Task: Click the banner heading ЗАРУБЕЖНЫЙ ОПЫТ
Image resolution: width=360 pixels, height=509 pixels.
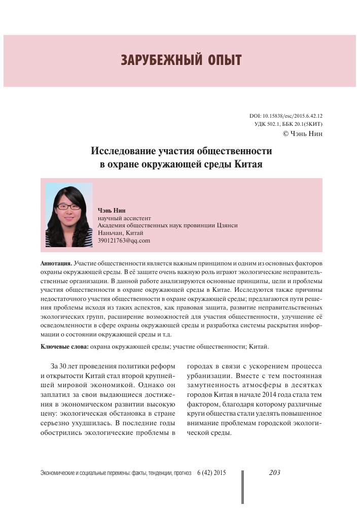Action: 181,60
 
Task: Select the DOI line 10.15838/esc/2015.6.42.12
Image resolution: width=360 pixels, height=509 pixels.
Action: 286,116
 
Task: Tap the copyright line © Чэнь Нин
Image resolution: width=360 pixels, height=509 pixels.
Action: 302,133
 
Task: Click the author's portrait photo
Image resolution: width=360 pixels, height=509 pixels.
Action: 69,215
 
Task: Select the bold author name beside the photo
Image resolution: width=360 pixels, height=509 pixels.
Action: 112,210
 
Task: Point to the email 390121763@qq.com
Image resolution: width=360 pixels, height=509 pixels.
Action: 124,240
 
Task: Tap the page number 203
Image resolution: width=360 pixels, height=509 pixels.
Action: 274,472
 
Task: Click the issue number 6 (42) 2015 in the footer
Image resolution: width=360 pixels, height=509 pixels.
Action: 211,473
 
